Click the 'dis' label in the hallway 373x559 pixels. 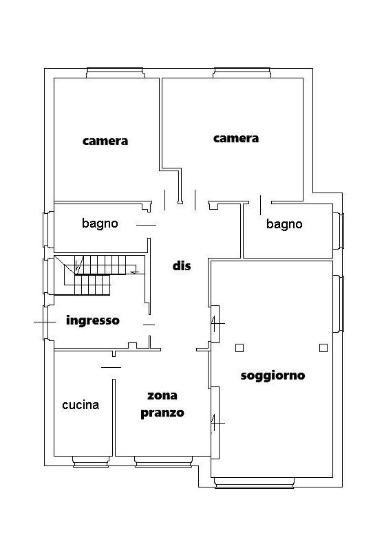[x=181, y=265]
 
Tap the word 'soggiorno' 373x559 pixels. [x=273, y=375]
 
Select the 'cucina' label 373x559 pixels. [x=81, y=405]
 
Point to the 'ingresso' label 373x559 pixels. [x=93, y=320]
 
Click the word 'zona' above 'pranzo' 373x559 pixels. [x=162, y=395]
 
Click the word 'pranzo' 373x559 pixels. [x=162, y=413]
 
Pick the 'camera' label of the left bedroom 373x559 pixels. [x=105, y=141]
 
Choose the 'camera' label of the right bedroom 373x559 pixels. [x=236, y=138]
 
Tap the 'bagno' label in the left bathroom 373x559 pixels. [x=100, y=223]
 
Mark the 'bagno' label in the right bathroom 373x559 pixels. [x=284, y=224]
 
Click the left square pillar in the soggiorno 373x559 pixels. [x=239, y=348]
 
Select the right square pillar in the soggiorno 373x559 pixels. [x=323, y=348]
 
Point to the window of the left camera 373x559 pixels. [x=115, y=73]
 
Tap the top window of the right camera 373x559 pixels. [x=242, y=73]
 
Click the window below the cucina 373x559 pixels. [x=91, y=461]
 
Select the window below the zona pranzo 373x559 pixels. [x=164, y=461]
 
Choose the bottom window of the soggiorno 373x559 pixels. [x=254, y=483]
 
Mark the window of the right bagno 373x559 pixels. [x=339, y=230]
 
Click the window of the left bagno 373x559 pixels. [x=49, y=230]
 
